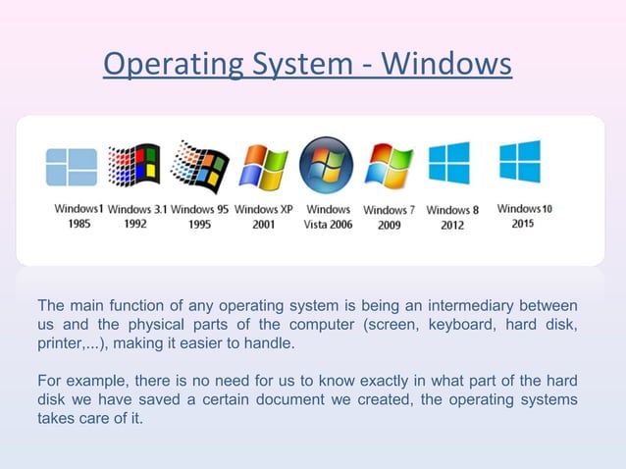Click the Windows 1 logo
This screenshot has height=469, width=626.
point(72,168)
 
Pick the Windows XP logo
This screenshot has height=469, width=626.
point(264,167)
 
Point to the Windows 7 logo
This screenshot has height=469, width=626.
point(390,166)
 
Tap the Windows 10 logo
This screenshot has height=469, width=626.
point(520,162)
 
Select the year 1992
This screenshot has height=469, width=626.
point(135,224)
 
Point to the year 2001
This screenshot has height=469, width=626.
point(263,224)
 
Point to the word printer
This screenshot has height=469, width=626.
point(62,345)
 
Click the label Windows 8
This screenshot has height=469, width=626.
point(452,210)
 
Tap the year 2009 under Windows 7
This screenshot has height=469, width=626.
point(390,225)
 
